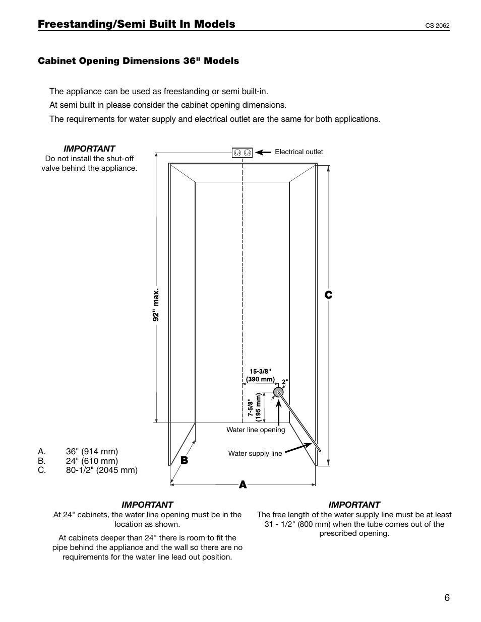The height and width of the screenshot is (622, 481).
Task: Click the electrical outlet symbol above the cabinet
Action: pos(242,153)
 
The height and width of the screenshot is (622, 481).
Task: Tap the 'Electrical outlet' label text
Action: pos(298,152)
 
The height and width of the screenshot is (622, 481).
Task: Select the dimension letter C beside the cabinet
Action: pos(328,295)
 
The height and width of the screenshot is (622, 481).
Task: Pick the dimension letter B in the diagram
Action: pos(184,460)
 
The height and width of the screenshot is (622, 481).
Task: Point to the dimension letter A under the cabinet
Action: pos(243,485)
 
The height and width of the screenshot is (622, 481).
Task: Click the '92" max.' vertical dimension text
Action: pos(156,305)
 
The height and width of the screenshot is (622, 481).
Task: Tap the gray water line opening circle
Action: pos(278,392)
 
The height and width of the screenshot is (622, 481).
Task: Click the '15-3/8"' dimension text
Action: pos(260,371)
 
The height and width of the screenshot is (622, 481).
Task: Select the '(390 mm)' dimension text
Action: pos(260,379)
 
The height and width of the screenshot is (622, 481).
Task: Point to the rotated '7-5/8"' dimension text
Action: pos(250,407)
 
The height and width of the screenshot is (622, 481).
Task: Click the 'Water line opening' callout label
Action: pos(256,430)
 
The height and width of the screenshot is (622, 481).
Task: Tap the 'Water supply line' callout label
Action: pos(255,453)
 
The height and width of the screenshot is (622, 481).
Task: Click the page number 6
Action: pos(447,598)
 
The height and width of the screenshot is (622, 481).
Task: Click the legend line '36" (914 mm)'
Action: pos(92,451)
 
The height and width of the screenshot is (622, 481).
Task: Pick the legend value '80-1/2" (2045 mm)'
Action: pos(101,470)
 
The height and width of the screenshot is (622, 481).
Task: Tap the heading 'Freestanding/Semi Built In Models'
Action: pos(136,24)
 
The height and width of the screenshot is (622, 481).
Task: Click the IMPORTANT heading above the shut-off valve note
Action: pos(89,149)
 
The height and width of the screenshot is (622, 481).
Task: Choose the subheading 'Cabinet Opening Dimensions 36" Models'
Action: pos(139,61)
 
